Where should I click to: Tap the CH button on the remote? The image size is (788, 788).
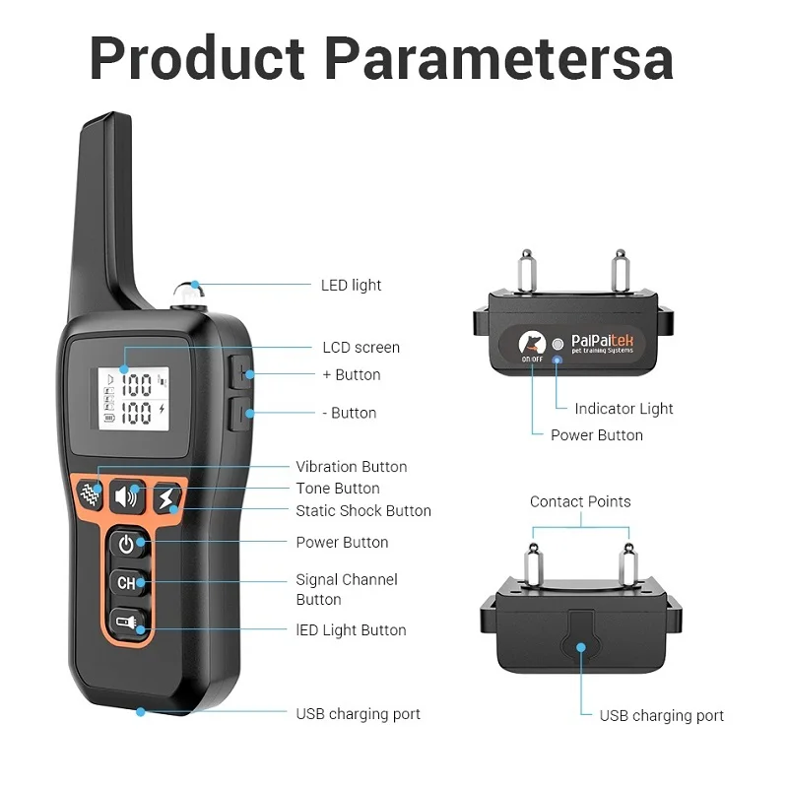pyautogui.click(x=127, y=582)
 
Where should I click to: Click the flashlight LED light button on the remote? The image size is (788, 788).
pyautogui.click(x=127, y=622)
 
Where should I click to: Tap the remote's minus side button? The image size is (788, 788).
pyautogui.click(x=241, y=413)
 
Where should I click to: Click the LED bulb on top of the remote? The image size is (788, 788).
pyautogui.click(x=186, y=293)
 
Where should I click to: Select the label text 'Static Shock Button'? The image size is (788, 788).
pyautogui.click(x=363, y=511)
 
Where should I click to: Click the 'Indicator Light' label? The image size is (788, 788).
pyautogui.click(x=624, y=409)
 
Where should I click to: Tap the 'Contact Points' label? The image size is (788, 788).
pyautogui.click(x=580, y=501)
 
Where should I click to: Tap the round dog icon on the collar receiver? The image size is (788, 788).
pyautogui.click(x=532, y=344)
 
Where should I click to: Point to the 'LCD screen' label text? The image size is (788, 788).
pyautogui.click(x=361, y=347)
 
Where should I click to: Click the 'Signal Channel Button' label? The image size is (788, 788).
pyautogui.click(x=347, y=589)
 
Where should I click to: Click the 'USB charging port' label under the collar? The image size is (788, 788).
pyautogui.click(x=661, y=716)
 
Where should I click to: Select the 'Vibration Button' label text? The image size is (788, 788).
pyautogui.click(x=352, y=467)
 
